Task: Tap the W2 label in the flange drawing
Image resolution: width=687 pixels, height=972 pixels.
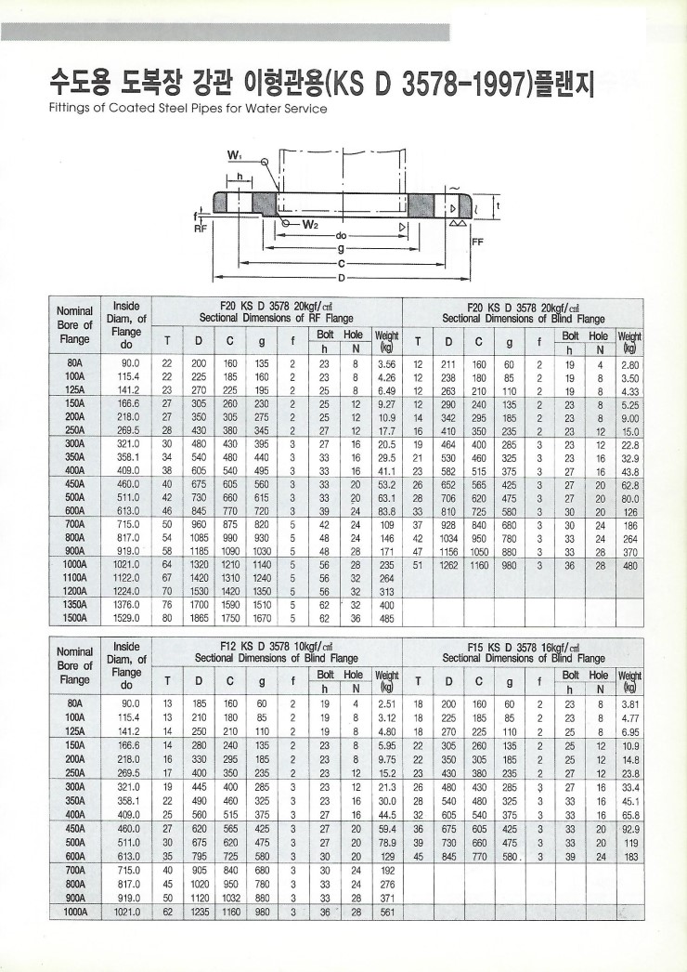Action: point(308,224)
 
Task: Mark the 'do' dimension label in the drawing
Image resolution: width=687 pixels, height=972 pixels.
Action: point(343,235)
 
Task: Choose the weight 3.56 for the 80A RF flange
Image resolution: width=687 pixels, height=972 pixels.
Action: point(387,363)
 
